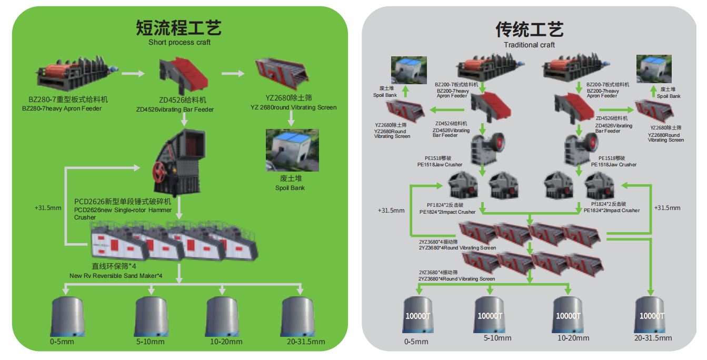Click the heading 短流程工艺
tap(179, 27)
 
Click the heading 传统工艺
tap(529, 29)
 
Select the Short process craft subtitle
tap(179, 42)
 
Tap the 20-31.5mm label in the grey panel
tap(653, 337)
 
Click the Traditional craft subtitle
tap(529, 45)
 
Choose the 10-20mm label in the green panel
tap(226, 342)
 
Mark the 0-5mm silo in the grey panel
tap(419, 315)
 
